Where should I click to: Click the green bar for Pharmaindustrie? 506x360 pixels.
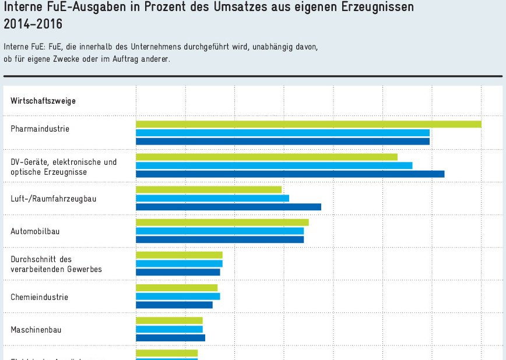pyautogui.click(x=308, y=124)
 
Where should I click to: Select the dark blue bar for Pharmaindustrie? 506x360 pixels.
pyautogui.click(x=283, y=141)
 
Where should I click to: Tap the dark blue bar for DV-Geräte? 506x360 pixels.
pyautogui.click(x=290, y=174)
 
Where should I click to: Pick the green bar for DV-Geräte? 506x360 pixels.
pyautogui.click(x=266, y=157)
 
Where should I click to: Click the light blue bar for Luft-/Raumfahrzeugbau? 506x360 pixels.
pyautogui.click(x=212, y=198)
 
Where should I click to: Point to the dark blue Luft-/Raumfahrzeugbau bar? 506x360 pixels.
pyautogui.click(x=229, y=206)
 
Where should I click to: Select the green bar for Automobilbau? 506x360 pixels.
pyautogui.click(x=222, y=222)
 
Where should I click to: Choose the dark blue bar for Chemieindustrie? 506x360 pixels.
pyautogui.click(x=174, y=305)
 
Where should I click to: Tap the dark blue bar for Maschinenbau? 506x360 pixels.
pyautogui.click(x=170, y=337)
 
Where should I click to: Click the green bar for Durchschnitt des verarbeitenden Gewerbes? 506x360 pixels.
pyautogui.click(x=179, y=255)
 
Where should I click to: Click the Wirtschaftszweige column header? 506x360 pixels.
pyautogui.click(x=43, y=101)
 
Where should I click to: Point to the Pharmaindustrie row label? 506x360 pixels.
pyautogui.click(x=40, y=129)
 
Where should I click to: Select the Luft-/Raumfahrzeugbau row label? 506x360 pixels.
pyautogui.click(x=53, y=199)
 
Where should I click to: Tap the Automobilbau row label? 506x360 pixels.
pyautogui.click(x=35, y=231)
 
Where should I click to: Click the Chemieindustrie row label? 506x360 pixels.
pyautogui.click(x=39, y=297)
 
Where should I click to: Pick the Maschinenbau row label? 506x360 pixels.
pyautogui.click(x=36, y=330)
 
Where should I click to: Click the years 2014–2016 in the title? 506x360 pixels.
pyautogui.click(x=33, y=24)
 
